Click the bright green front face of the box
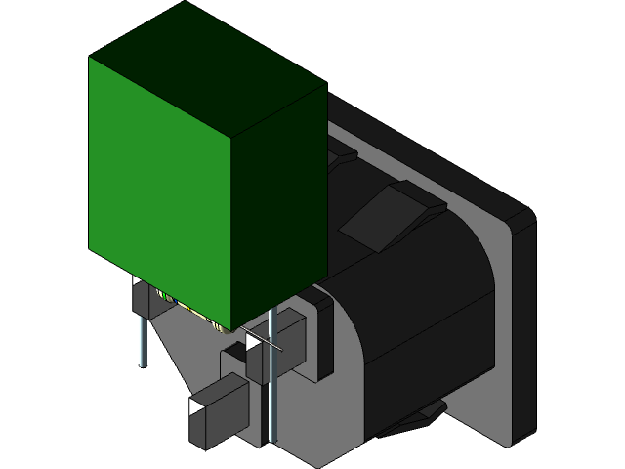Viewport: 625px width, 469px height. (161, 186)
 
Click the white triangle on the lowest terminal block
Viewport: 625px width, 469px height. (197, 405)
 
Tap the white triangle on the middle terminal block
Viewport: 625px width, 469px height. (254, 344)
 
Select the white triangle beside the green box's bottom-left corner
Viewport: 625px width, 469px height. (138, 281)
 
